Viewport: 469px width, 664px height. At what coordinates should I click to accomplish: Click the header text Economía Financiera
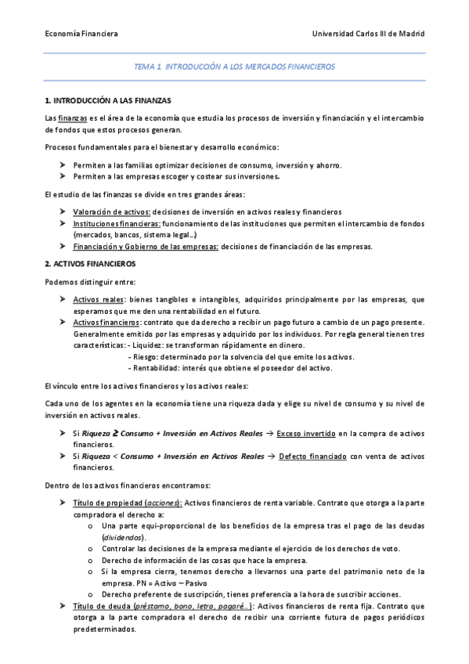(x=81, y=34)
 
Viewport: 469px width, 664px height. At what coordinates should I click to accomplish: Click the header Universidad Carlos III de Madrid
(x=368, y=34)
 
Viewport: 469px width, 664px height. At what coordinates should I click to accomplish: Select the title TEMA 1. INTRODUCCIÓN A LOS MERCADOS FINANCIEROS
(x=234, y=67)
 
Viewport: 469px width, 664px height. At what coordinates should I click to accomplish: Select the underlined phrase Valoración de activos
(x=111, y=212)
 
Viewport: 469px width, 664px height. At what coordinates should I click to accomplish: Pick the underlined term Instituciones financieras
(x=117, y=224)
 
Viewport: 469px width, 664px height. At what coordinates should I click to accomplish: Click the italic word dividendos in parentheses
(x=124, y=537)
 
